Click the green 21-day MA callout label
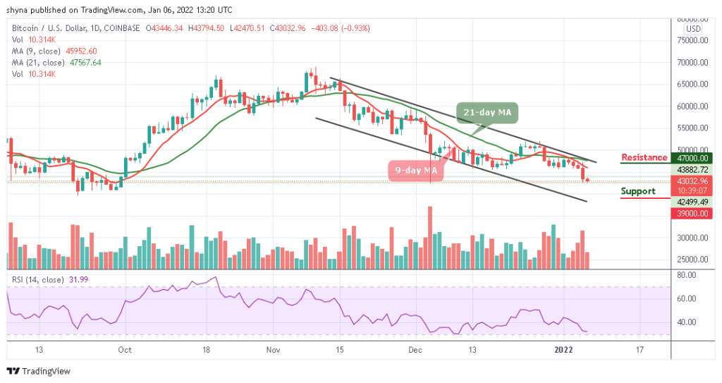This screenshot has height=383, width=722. click(x=487, y=111)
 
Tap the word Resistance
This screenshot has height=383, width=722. click(x=644, y=157)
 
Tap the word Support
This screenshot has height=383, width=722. click(x=638, y=191)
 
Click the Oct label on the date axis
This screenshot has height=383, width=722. click(x=125, y=349)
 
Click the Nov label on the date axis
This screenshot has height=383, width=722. click(x=274, y=349)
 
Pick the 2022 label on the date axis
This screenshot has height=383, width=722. click(x=564, y=349)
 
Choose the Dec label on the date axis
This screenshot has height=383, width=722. click(x=415, y=349)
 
